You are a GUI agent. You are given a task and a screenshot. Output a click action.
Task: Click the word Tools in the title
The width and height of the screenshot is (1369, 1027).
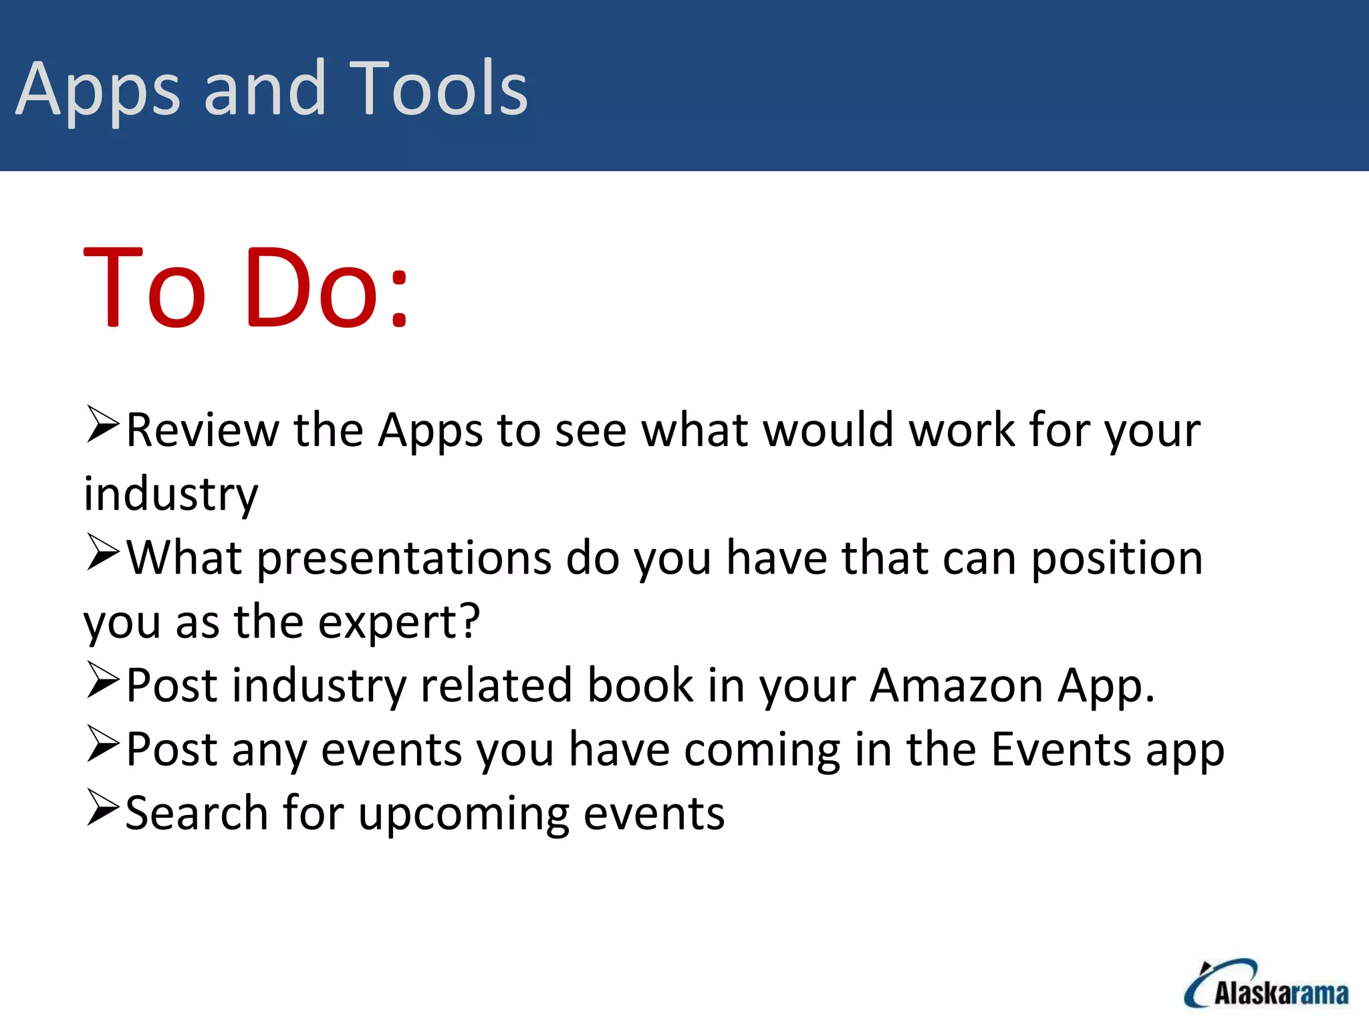click(438, 88)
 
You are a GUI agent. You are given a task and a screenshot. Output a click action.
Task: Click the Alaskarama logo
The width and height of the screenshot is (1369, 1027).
click(1267, 986)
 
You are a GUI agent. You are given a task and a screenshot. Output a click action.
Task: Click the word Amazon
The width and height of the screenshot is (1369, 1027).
click(956, 686)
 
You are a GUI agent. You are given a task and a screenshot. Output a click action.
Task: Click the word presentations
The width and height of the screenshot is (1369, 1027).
click(404, 559)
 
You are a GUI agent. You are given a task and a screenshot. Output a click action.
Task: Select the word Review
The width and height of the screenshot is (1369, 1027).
click(202, 430)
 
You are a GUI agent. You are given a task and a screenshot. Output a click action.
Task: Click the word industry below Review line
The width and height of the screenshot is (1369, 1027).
click(171, 495)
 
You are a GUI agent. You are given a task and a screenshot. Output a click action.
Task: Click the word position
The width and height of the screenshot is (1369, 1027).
click(1116, 559)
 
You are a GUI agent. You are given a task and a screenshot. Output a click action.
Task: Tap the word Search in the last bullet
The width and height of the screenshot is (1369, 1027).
click(197, 814)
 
